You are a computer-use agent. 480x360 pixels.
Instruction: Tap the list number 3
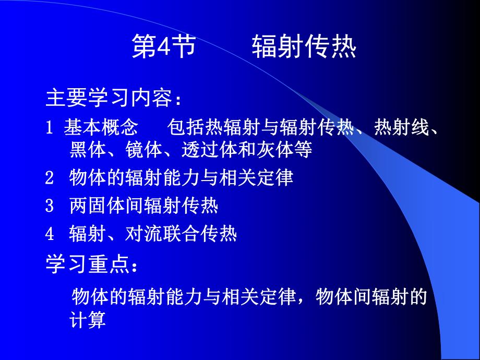[50, 207]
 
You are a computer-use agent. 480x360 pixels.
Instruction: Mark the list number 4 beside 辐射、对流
[50, 234]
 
